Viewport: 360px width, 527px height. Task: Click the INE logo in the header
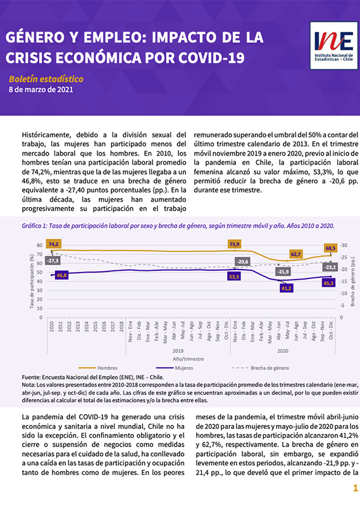coord(334,46)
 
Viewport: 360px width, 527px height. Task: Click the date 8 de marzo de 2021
coord(40,90)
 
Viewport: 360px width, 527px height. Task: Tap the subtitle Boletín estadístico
coord(46,79)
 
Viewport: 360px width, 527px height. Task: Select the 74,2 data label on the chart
coord(53,244)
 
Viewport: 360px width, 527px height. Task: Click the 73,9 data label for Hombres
coord(234,244)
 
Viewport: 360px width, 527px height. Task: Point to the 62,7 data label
coord(296,254)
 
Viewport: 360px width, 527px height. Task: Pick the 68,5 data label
coord(330,248)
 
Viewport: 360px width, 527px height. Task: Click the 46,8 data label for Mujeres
coord(61,275)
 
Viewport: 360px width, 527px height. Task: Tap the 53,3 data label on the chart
coord(234,276)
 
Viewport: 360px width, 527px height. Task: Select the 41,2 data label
coord(287,288)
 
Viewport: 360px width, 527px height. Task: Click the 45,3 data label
coord(328,283)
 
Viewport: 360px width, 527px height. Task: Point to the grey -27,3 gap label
coord(53,261)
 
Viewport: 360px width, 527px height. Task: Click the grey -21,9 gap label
coord(283,271)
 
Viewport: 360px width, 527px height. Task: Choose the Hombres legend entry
coord(98,368)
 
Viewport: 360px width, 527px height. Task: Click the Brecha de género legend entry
coord(260,368)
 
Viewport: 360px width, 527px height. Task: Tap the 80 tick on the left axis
coord(40,245)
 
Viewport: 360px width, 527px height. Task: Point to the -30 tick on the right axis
coord(344,245)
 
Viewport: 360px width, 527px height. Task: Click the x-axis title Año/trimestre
coord(189,359)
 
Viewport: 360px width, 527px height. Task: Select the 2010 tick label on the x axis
coord(52,326)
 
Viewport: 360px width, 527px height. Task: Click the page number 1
coord(356,488)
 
